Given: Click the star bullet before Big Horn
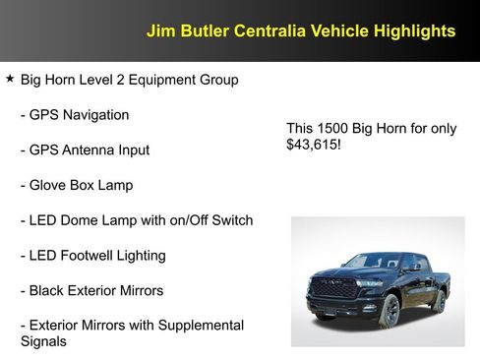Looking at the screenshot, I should pyautogui.click(x=10, y=79).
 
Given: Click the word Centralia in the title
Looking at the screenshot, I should pyautogui.click(x=268, y=31).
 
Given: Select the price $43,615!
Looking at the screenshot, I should pyautogui.click(x=314, y=146).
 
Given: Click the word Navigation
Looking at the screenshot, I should pyautogui.click(x=96, y=115).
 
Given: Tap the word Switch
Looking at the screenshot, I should pyautogui.click(x=229, y=220).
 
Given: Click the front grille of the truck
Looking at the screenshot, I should pyautogui.click(x=334, y=289).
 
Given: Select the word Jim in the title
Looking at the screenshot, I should pyautogui.click(x=159, y=31).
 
